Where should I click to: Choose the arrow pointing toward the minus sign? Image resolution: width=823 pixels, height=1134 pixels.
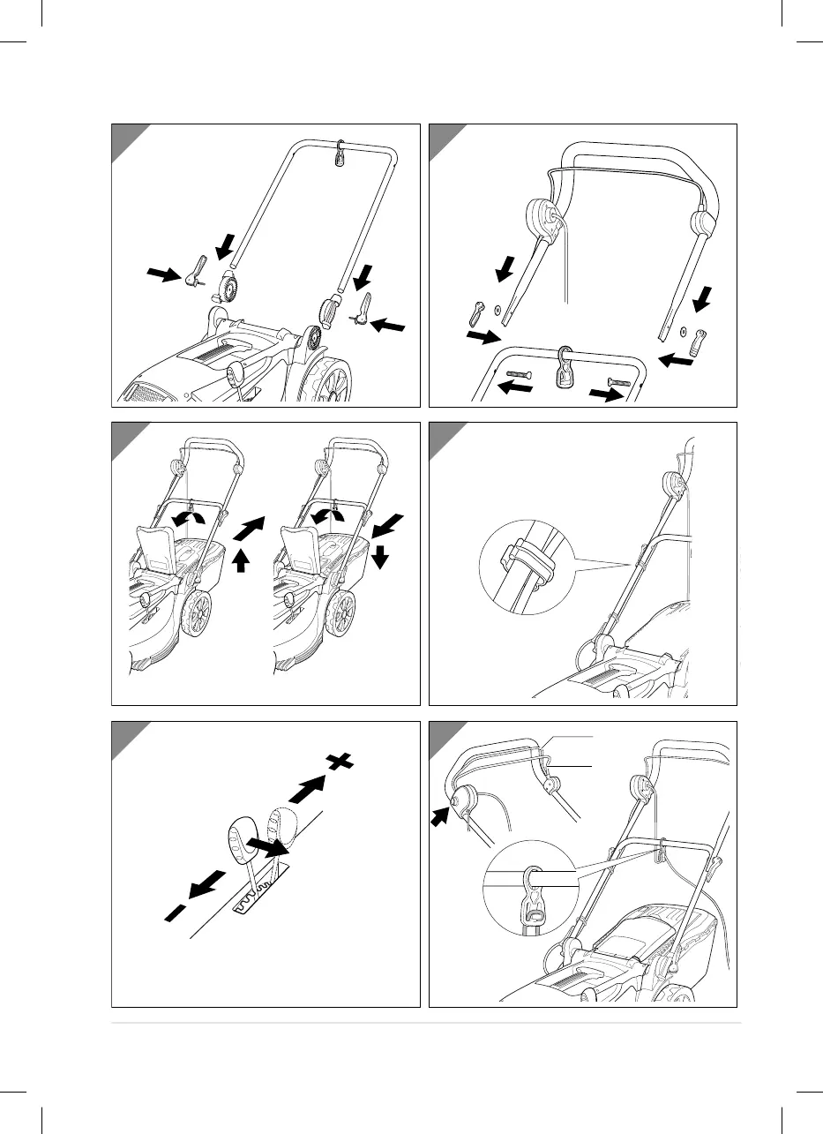point(200,887)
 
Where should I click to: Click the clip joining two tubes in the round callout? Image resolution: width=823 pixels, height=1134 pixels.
point(524,566)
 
